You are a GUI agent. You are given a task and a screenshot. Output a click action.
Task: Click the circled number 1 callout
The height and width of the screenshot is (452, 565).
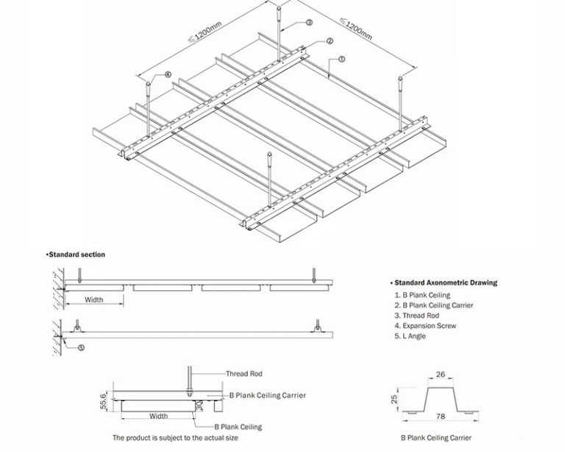pyautogui.click(x=341, y=57)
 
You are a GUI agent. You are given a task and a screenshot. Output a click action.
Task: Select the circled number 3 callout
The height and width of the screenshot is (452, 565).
pyautogui.click(x=309, y=23)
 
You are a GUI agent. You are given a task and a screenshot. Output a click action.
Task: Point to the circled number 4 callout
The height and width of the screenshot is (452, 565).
pyautogui.click(x=168, y=74)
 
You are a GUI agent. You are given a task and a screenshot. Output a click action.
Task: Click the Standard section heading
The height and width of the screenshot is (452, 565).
pyautogui.click(x=76, y=255)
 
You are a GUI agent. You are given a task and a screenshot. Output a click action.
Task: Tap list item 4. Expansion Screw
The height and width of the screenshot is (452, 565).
pyautogui.click(x=425, y=325)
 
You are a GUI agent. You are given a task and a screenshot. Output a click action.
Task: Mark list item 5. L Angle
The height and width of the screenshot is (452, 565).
pyautogui.click(x=411, y=336)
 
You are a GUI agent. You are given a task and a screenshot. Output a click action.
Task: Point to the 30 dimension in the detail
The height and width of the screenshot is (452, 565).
pyautogui.click(x=200, y=405)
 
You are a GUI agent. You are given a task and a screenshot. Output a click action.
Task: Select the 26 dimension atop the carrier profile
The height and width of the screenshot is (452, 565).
pyautogui.click(x=440, y=375)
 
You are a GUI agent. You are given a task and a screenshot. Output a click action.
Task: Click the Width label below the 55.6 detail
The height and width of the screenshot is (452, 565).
pyautogui.click(x=158, y=416)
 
